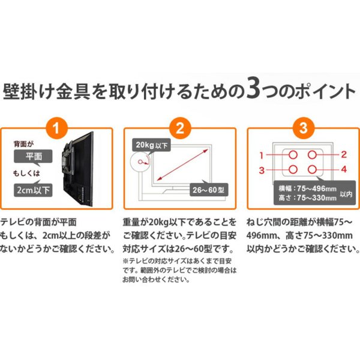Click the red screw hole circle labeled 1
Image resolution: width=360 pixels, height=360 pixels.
tap(292, 155)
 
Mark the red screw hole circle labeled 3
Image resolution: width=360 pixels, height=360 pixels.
tap(292, 170)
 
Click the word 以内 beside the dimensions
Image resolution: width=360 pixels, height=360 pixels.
tap(347, 193)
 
